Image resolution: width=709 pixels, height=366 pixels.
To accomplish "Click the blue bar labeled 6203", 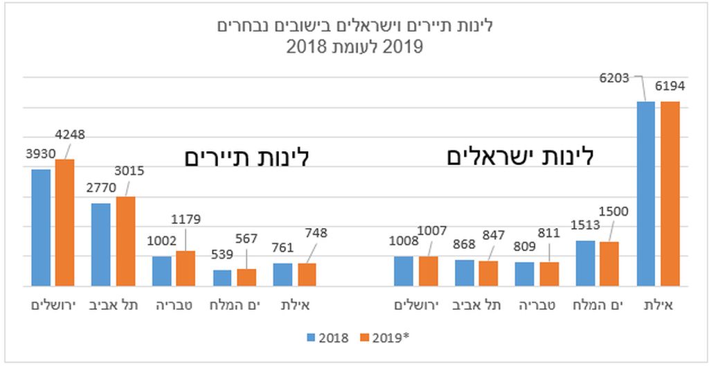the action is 646,194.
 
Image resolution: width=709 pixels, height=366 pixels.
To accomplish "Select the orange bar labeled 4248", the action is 64,223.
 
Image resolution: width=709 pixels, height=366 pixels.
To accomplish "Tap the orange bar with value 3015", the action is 126,241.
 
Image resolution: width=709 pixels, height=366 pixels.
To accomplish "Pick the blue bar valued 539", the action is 222,278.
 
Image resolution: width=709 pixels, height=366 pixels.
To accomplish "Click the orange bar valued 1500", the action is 609,264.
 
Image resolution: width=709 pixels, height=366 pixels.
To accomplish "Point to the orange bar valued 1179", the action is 186,269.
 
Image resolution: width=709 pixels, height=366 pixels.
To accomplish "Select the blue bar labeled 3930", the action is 41,228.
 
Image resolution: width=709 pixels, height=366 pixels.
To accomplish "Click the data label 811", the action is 550,233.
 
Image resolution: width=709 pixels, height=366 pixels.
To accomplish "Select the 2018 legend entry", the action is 327,338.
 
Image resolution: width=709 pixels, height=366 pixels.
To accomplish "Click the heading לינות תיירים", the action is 247,158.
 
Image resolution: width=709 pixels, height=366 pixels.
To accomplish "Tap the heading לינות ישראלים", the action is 520,157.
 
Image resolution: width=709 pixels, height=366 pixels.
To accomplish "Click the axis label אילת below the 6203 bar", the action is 658,305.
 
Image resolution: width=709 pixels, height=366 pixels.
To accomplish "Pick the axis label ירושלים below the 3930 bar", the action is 53,305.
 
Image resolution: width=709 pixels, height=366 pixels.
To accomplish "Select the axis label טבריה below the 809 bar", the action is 537,305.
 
